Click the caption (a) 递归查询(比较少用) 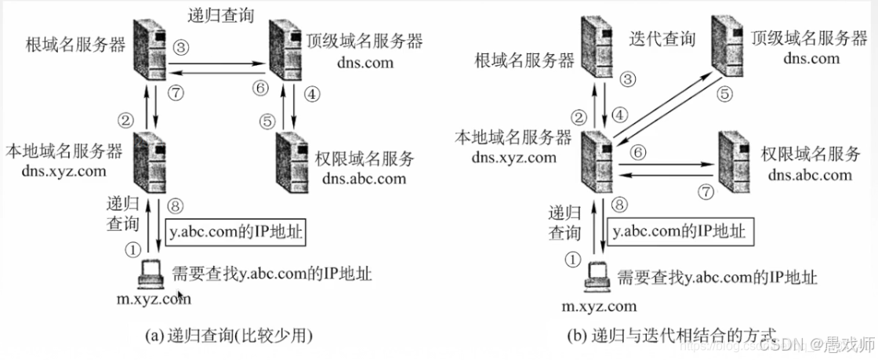click(x=230, y=336)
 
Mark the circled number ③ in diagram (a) click(x=182, y=47)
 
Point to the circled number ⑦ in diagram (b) click(x=708, y=191)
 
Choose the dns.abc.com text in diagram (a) click(x=364, y=178)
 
